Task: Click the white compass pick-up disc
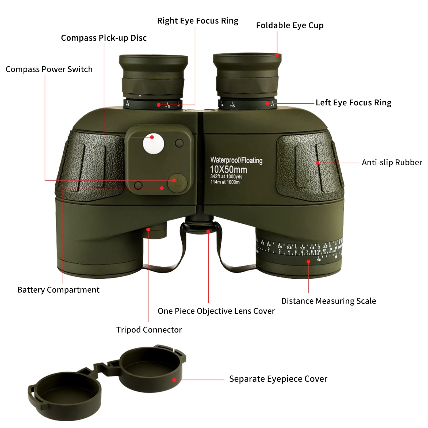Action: [154, 144]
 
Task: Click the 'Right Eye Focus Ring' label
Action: [197, 21]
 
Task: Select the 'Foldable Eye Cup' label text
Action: [290, 25]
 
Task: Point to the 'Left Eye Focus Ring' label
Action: [353, 103]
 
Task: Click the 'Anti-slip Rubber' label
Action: [392, 162]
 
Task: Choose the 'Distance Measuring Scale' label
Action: [328, 301]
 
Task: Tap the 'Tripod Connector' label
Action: [149, 330]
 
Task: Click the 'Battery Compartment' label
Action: [58, 290]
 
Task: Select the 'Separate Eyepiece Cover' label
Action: [278, 379]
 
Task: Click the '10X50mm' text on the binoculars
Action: [228, 170]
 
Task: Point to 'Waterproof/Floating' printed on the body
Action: [236, 160]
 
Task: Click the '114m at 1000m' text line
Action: [225, 182]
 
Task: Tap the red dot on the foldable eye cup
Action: [277, 55]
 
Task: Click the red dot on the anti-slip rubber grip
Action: [318, 163]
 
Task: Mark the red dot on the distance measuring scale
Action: [308, 262]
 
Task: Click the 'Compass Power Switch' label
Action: [49, 69]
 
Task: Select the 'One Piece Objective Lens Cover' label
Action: [216, 311]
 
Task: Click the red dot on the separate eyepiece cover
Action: [174, 380]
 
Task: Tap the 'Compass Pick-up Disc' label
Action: [104, 38]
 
